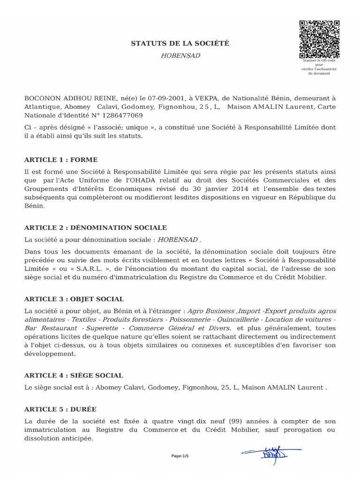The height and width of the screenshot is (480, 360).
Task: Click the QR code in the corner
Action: tap(319, 39)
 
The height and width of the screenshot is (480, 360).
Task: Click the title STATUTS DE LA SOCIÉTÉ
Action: tap(180, 44)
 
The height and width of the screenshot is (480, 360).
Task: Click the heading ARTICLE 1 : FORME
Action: tap(61, 160)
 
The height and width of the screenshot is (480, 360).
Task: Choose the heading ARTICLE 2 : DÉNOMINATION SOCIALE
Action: tap(95, 227)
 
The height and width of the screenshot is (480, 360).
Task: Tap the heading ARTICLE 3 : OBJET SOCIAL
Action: tap(74, 299)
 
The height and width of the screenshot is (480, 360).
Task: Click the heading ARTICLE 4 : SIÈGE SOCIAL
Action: tap(74, 375)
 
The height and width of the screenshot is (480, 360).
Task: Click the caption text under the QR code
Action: tap(319, 67)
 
